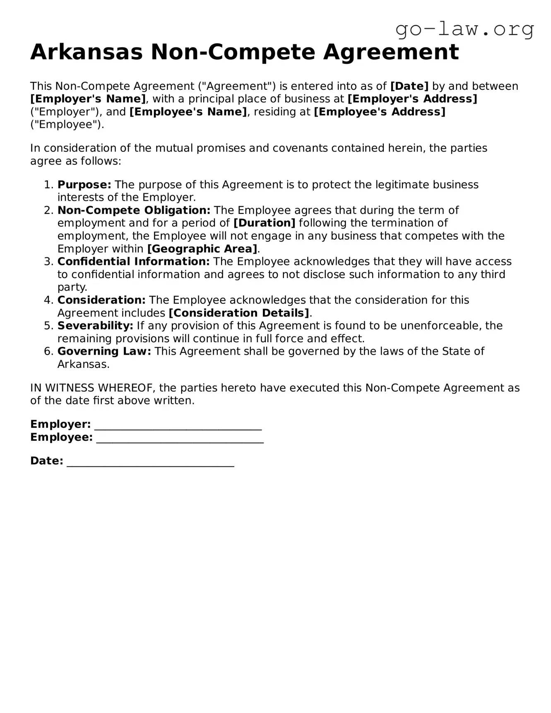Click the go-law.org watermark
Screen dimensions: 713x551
coord(464,29)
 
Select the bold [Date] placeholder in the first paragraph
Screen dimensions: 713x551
coord(409,86)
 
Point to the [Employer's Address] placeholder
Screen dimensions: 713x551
coord(412,99)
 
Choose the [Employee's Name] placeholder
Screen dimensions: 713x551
coord(188,112)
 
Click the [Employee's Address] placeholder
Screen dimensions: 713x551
coord(380,112)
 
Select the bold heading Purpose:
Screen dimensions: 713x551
coord(84,185)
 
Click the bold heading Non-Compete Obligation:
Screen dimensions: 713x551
coord(134,210)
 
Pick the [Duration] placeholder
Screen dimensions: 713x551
coord(264,223)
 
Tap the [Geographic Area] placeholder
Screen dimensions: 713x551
coord(202,249)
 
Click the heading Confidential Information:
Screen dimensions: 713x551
coord(134,262)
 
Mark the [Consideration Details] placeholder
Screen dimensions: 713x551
coord(239,313)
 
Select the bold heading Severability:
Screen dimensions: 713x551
coord(95,326)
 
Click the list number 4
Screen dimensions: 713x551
coord(47,300)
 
